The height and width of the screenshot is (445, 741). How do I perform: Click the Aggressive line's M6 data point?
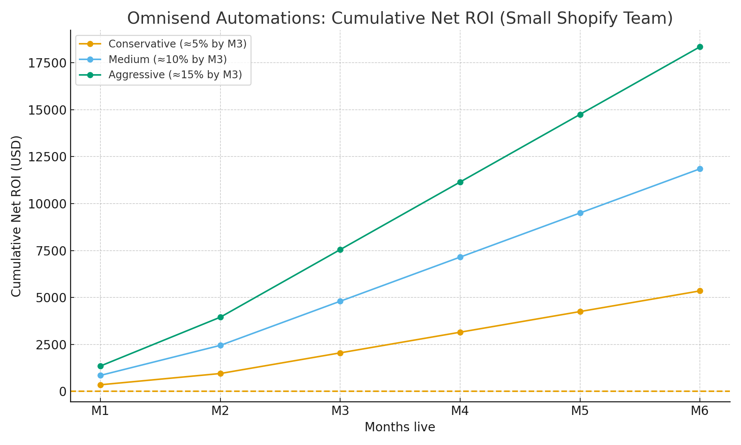pyautogui.click(x=700, y=47)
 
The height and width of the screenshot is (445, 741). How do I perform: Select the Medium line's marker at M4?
pyautogui.click(x=460, y=257)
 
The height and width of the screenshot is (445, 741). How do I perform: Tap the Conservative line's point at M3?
pyautogui.click(x=340, y=353)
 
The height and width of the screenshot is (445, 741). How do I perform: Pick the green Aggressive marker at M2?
pyautogui.click(x=220, y=317)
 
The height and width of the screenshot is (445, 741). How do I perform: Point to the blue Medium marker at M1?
pyautogui.click(x=100, y=375)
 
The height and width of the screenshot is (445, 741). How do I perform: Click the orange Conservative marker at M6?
pyautogui.click(x=700, y=291)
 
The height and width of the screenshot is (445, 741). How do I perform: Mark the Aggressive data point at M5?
pyautogui.click(x=580, y=115)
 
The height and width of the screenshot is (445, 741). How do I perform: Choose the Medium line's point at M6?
pyautogui.click(x=700, y=169)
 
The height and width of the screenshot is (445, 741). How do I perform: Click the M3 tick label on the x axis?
pyautogui.click(x=340, y=411)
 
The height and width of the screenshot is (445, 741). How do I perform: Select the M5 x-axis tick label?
pyautogui.click(x=580, y=411)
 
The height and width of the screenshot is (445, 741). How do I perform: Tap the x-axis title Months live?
pyautogui.click(x=400, y=427)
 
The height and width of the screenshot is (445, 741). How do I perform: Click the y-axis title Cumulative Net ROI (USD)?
pyautogui.click(x=16, y=216)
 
